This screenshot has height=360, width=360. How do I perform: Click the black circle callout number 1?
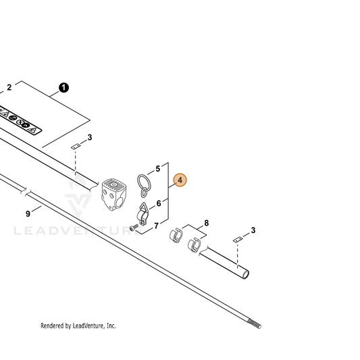(x=63, y=88)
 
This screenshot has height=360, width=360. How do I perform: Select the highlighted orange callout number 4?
(x=180, y=180)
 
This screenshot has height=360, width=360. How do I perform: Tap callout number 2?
(x=9, y=88)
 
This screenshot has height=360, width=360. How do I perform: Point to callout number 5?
(x=158, y=169)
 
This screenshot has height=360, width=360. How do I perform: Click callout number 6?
(x=159, y=203)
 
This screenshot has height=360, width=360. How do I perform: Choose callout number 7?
(x=156, y=226)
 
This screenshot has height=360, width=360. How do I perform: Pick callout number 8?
(x=207, y=223)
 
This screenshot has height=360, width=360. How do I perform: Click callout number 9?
(x=28, y=213)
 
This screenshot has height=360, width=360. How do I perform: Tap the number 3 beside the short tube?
(x=253, y=230)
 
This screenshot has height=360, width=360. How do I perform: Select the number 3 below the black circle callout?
(x=90, y=138)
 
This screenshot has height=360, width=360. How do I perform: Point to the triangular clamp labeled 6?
(x=143, y=214)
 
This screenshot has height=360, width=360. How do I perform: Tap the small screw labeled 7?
(x=134, y=228)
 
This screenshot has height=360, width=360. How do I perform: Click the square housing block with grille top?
(x=114, y=195)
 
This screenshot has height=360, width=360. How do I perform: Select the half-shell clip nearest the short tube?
(x=195, y=245)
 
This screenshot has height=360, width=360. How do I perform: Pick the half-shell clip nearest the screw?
(x=176, y=235)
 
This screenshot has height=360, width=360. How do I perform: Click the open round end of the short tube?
(x=246, y=275)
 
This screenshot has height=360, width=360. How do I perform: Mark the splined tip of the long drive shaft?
(x=255, y=324)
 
